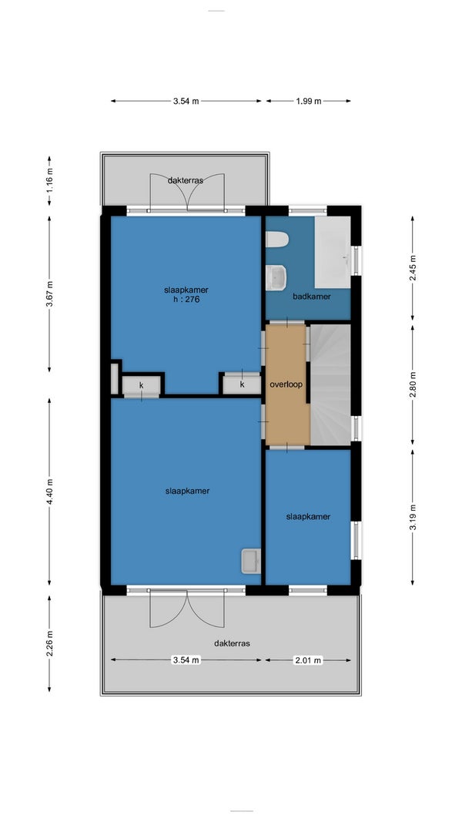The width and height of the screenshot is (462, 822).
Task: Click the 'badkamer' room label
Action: pos(312,296)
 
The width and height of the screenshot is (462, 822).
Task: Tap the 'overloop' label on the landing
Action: pos(286,384)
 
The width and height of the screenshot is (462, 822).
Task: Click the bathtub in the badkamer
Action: pos(333,252)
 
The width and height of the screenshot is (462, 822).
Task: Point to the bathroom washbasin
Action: pos(276,277)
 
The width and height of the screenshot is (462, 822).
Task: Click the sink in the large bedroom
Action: pos(250,562)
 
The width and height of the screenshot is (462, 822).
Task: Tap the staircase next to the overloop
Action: pos(330,384)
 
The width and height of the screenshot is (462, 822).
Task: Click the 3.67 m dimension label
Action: pos(50,294)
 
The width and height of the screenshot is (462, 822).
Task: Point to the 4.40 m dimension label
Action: pos(50,492)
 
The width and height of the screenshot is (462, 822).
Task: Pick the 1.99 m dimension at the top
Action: pos(309,101)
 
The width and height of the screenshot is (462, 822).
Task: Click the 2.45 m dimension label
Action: pos(413,267)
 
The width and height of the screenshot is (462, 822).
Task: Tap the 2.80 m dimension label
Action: pos(413,384)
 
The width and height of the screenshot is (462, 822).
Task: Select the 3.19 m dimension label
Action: pos(413,518)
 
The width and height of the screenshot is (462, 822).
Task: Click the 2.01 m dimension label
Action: pos(308,660)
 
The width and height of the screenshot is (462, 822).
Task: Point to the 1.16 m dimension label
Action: pos(50,179)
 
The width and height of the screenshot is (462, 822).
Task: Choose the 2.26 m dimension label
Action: pos(50,643)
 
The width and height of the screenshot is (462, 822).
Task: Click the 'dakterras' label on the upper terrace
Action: pos(186,179)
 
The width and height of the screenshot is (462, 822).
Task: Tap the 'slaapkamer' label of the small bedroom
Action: pos(308,516)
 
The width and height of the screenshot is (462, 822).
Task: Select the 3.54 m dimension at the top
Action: pos(186,101)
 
